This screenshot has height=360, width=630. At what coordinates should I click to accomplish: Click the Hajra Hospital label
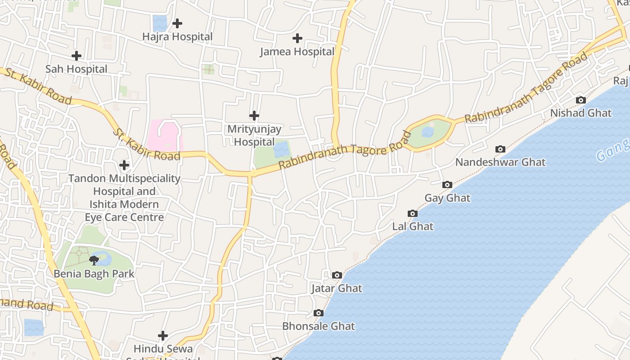tap(177, 36)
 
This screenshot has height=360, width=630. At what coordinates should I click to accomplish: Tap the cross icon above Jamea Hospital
tap(297, 38)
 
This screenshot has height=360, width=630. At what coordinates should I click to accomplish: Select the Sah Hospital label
tap(76, 69)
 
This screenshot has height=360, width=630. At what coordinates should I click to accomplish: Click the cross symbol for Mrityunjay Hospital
tap(254, 116)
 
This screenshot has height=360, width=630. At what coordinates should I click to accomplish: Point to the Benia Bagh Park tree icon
tap(94, 260)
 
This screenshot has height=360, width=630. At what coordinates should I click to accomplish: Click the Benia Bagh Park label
tap(94, 274)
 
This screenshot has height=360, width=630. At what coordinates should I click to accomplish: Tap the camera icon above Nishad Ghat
tap(581, 100)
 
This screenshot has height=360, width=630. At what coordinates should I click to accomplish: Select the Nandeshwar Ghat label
tap(500, 162)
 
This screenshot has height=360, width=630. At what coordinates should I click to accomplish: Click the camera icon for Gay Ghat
tap(447, 184)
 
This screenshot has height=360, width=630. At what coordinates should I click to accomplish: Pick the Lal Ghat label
tap(413, 226)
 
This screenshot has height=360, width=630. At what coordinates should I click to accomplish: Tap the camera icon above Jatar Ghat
tap(337, 275)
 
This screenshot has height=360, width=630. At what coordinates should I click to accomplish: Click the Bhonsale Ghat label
tap(319, 326)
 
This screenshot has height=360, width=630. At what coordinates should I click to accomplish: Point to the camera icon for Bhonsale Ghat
tap(319, 313)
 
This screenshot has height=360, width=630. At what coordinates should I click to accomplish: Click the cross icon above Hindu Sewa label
tap(163, 336)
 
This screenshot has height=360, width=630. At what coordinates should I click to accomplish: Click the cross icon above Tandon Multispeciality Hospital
tap(124, 165)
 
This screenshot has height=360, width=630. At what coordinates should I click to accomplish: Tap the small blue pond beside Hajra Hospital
tap(160, 23)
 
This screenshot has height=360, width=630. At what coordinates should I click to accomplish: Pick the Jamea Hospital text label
tap(297, 52)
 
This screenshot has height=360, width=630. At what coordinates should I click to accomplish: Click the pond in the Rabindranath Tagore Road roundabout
tap(428, 132)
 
